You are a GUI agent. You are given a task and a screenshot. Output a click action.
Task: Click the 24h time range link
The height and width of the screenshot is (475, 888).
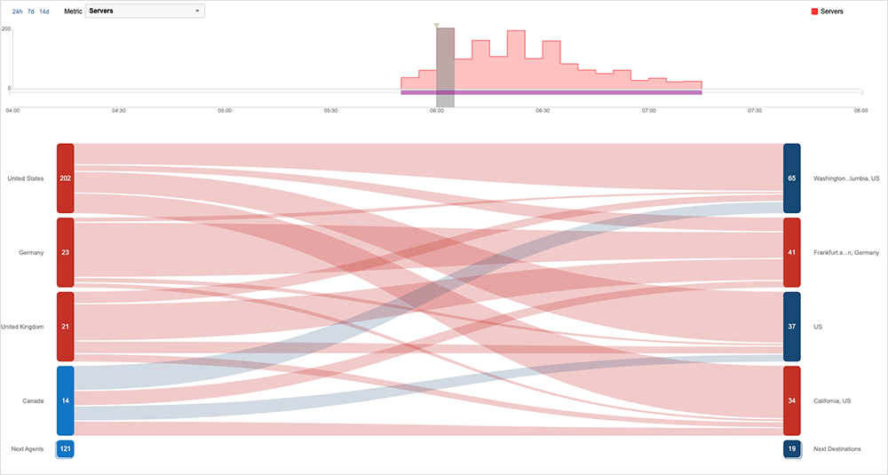point(17,12)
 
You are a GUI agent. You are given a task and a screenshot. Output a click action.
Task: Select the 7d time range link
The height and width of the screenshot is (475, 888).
point(31,12)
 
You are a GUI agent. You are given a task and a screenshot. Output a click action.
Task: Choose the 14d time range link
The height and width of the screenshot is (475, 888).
point(44,12)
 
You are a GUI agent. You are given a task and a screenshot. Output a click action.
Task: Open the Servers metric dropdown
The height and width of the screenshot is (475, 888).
point(145,12)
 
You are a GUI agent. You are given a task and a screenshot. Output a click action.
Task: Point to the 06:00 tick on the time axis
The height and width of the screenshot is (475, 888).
point(436,110)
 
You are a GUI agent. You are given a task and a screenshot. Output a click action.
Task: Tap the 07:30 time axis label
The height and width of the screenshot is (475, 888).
point(755,110)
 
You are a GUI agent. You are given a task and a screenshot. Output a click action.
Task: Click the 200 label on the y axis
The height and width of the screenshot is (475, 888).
point(6,29)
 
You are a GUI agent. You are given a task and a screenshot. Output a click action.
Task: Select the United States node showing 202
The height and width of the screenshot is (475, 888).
point(65,178)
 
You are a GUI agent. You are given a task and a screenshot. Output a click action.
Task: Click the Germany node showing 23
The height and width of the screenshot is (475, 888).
point(65,252)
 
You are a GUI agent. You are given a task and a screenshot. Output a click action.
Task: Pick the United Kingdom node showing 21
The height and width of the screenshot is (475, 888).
point(65,327)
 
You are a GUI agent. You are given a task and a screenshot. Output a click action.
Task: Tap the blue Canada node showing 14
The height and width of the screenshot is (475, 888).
point(65,401)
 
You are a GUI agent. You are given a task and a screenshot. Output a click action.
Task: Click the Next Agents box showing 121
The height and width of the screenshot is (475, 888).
point(65,449)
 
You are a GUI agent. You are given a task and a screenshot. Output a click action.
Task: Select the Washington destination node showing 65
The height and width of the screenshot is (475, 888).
point(792,178)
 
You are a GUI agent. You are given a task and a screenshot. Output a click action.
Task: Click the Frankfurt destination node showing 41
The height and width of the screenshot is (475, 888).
point(792,252)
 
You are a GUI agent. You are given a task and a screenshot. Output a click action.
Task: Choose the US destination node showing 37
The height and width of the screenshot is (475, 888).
point(792,327)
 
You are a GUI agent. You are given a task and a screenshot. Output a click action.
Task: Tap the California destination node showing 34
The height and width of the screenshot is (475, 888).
point(792,401)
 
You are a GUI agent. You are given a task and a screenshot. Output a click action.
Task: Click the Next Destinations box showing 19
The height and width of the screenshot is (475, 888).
point(792,449)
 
